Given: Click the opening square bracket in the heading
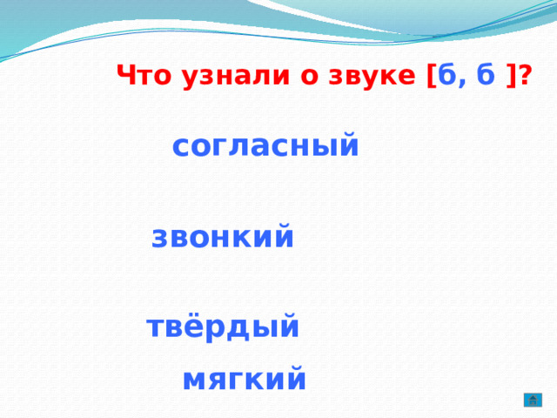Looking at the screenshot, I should (x=431, y=77).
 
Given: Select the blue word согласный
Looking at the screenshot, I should (x=265, y=145).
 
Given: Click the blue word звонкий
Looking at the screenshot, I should (x=223, y=237).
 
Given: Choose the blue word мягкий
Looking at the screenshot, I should (x=245, y=380).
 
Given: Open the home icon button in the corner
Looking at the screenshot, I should (x=533, y=400).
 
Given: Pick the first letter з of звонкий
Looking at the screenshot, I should (x=160, y=238).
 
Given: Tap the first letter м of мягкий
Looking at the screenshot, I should (x=194, y=381).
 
